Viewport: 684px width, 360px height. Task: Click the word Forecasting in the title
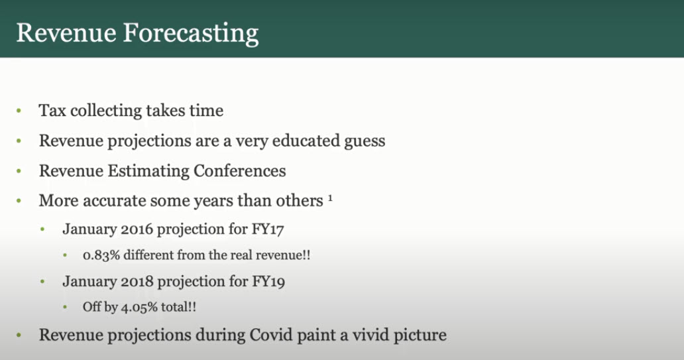coord(191,34)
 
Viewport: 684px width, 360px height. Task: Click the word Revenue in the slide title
coord(66,32)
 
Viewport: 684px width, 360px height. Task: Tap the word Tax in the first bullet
coord(52,111)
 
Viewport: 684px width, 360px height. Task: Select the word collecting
coord(106,111)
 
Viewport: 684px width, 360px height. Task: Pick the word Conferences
coord(239,170)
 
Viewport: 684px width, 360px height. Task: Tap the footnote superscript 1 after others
coord(330,198)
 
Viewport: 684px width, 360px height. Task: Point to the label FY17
coord(268,229)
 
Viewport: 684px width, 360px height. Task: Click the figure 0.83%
coord(101,255)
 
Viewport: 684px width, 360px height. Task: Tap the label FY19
coord(268,282)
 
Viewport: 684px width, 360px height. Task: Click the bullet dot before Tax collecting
coord(19,111)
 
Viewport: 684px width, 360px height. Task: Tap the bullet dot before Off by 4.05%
coord(65,307)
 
